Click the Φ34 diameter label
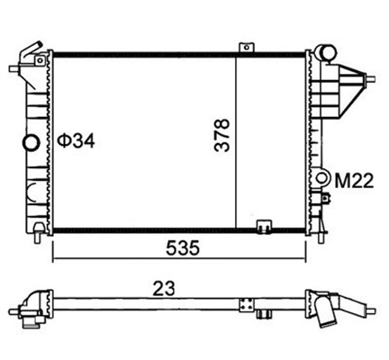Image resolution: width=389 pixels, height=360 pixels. pos(76,140)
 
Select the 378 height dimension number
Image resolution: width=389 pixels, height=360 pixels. pos(222,135)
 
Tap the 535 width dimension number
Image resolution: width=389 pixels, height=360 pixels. pos(183,248)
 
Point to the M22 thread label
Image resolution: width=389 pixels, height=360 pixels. pos(354,181)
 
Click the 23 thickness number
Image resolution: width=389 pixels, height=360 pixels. pos(164,289)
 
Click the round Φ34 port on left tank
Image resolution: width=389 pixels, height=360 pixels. pos(32,142)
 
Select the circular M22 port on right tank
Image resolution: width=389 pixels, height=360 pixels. pos(321,177)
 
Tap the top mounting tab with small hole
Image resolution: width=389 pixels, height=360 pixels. pos(247,48)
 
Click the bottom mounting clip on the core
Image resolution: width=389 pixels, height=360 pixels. pos(264,227)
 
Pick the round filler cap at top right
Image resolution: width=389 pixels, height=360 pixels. pos(326,53)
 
